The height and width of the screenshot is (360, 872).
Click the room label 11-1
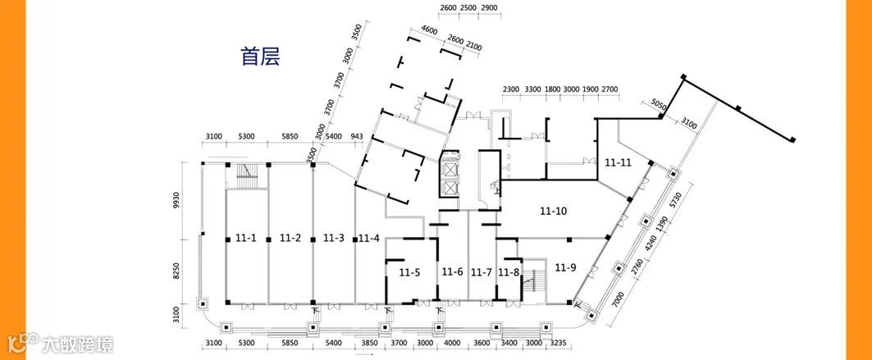246,239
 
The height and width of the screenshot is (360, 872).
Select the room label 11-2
290,239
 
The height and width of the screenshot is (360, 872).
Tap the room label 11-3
334,239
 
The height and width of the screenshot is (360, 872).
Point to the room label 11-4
369,239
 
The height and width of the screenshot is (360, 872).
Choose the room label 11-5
410,271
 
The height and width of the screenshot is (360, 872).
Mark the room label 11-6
453,271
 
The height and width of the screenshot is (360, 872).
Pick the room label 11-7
482,271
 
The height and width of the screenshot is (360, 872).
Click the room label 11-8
509,271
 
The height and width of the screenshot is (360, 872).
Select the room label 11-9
566,267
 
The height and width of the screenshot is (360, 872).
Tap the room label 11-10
554,212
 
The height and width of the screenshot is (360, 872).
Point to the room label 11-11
618,162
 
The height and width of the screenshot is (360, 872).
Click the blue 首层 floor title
261,57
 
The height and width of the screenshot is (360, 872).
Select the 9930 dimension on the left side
176,201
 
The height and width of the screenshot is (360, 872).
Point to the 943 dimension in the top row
357,136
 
